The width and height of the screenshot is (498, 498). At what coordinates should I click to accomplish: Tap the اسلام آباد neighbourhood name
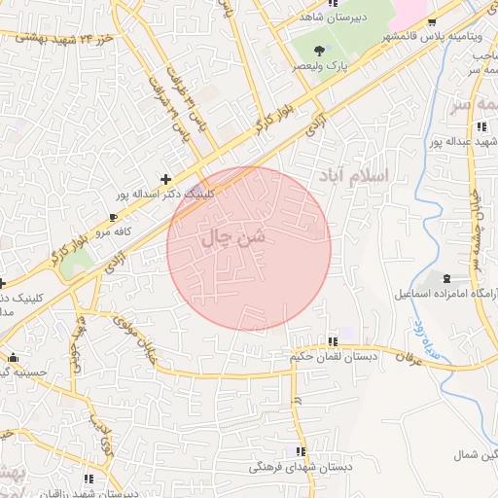(353, 176)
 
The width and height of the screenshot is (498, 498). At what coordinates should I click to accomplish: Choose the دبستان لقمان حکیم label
(333, 357)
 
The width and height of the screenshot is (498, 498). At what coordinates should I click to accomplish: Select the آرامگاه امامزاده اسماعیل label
(445, 293)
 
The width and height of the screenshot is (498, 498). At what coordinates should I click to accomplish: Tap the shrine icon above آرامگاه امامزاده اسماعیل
(446, 278)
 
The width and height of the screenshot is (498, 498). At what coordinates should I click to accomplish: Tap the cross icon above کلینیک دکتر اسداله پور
(166, 178)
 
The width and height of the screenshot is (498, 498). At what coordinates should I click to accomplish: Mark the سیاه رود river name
(441, 342)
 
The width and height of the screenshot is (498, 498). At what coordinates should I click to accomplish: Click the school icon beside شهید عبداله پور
(481, 126)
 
